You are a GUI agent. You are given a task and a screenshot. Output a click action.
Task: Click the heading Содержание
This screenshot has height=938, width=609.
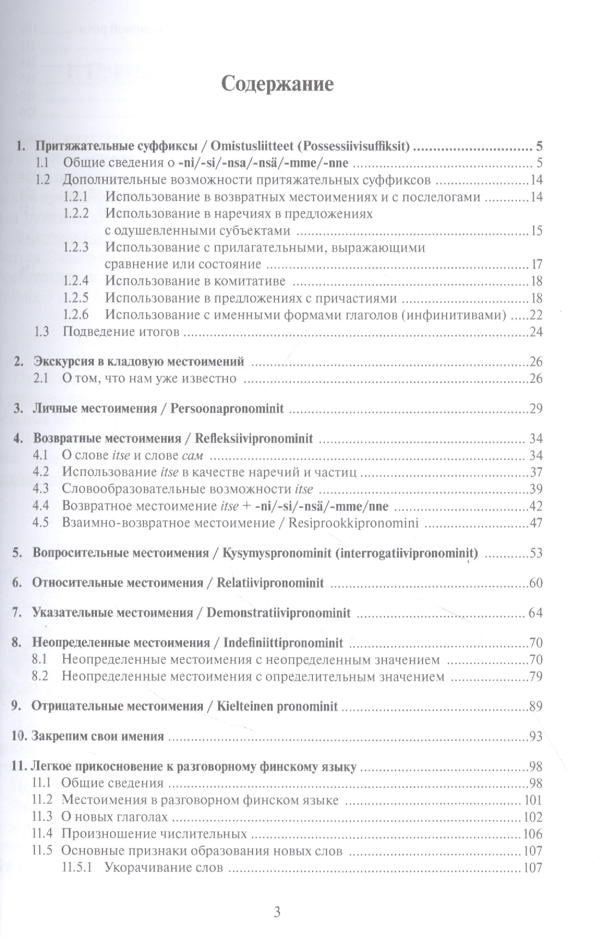[277, 85]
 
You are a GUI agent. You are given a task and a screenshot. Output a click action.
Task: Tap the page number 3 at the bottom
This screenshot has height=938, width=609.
[277, 912]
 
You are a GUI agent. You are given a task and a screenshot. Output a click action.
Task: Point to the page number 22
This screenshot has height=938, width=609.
[536, 315]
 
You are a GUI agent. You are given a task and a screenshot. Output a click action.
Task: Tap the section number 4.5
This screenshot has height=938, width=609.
[41, 523]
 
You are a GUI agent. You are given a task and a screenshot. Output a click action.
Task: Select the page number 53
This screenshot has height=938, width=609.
[536, 554]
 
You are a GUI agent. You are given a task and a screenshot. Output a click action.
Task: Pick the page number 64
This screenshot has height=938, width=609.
[536, 613]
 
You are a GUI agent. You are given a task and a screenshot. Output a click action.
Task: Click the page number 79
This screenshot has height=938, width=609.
[536, 677]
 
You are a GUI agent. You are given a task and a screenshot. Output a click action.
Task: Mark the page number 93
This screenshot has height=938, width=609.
[536, 737]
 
